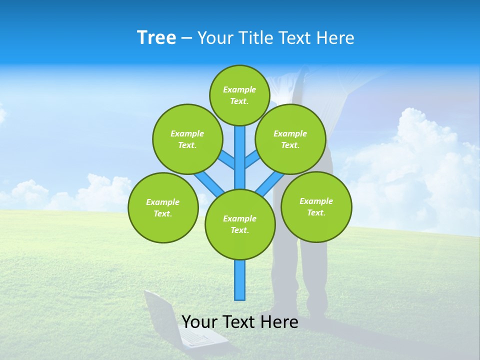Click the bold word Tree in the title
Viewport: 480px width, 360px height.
(156, 38)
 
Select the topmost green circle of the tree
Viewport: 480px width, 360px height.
(239, 95)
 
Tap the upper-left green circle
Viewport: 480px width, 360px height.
(187, 139)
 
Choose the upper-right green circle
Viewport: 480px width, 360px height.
(290, 139)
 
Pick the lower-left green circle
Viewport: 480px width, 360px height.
(163, 207)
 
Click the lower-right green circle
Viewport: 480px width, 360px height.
(316, 206)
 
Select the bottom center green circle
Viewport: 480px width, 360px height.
(240, 224)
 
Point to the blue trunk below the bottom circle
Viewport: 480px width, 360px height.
(240, 280)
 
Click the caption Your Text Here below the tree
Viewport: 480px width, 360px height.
(240, 322)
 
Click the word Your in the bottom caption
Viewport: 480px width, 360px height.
(199, 322)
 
